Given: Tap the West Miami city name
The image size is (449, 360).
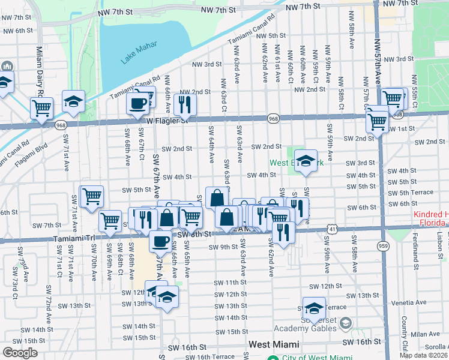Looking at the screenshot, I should (x=274, y=344).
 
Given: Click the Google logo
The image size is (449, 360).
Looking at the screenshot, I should (x=20, y=353).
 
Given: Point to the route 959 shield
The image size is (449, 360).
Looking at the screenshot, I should (x=382, y=245).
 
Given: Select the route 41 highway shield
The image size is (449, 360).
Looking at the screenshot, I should (x=332, y=228).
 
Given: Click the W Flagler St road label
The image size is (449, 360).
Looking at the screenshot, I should (x=167, y=120).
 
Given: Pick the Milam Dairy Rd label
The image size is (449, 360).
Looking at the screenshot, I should (x=40, y=71).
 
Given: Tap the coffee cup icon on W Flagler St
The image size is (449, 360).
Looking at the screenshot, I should (x=137, y=103).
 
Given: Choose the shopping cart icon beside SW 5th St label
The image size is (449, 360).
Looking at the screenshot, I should (x=91, y=196).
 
